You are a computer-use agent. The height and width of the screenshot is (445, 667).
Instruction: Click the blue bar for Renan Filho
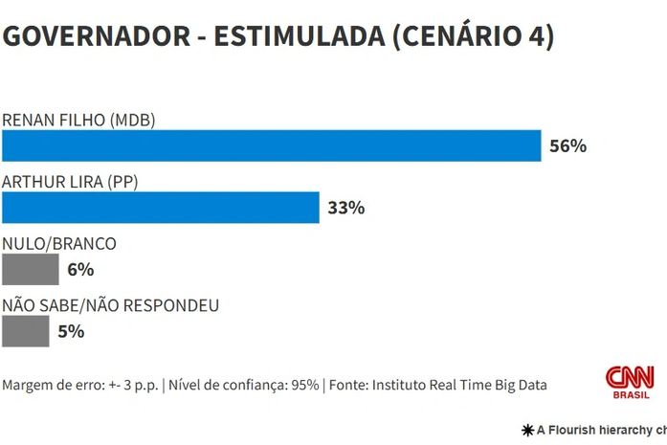[272, 145]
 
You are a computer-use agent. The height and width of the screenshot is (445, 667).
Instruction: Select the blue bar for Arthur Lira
[161, 207]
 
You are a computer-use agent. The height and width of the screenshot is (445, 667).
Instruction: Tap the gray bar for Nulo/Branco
[31, 269]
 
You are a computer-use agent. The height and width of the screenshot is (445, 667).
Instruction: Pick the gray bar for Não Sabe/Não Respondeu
[26, 331]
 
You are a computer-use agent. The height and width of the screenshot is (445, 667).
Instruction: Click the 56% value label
[567, 146]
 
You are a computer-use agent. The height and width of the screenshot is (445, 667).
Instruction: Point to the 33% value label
[345, 208]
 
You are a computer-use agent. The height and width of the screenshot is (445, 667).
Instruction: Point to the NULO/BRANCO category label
[59, 244]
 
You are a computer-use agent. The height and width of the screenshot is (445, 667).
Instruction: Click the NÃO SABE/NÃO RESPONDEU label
[111, 306]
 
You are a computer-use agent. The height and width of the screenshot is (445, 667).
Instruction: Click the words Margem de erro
[47, 385]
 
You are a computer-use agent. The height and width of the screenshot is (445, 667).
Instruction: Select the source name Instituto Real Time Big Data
[458, 385]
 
